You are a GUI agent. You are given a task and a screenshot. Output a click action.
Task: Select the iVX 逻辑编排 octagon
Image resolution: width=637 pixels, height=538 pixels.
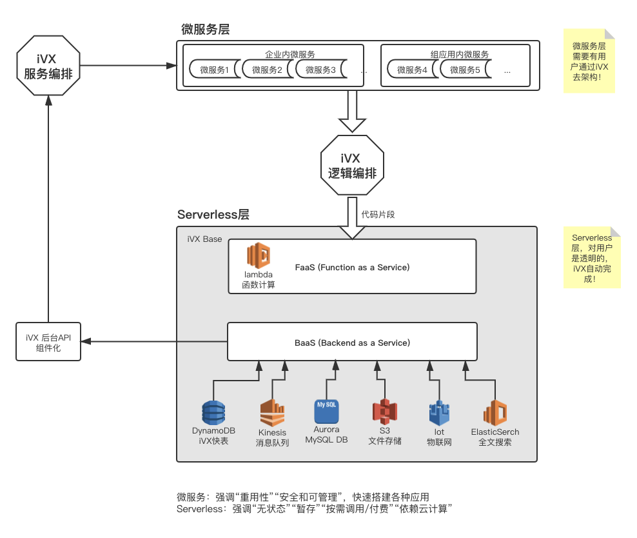352,165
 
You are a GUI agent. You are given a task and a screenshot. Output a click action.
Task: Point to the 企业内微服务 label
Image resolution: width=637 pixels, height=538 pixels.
290,54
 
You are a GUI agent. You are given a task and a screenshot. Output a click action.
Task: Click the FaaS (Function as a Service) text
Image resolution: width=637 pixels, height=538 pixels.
352,267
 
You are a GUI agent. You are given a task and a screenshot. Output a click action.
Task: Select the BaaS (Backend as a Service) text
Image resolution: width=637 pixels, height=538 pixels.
352,343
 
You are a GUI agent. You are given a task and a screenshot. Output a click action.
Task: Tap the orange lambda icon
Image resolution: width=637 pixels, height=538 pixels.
259,255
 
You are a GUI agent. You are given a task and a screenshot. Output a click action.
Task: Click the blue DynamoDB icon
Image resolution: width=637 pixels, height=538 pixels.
213,412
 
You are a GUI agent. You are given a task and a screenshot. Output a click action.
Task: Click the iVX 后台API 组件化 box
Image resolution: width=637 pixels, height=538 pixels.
48,343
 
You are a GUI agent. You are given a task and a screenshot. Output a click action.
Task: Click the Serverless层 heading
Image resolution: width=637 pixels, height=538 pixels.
213,215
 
